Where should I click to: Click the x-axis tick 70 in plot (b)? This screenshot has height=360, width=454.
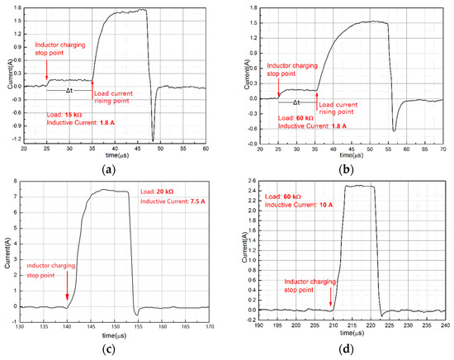(x=444, y=148)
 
